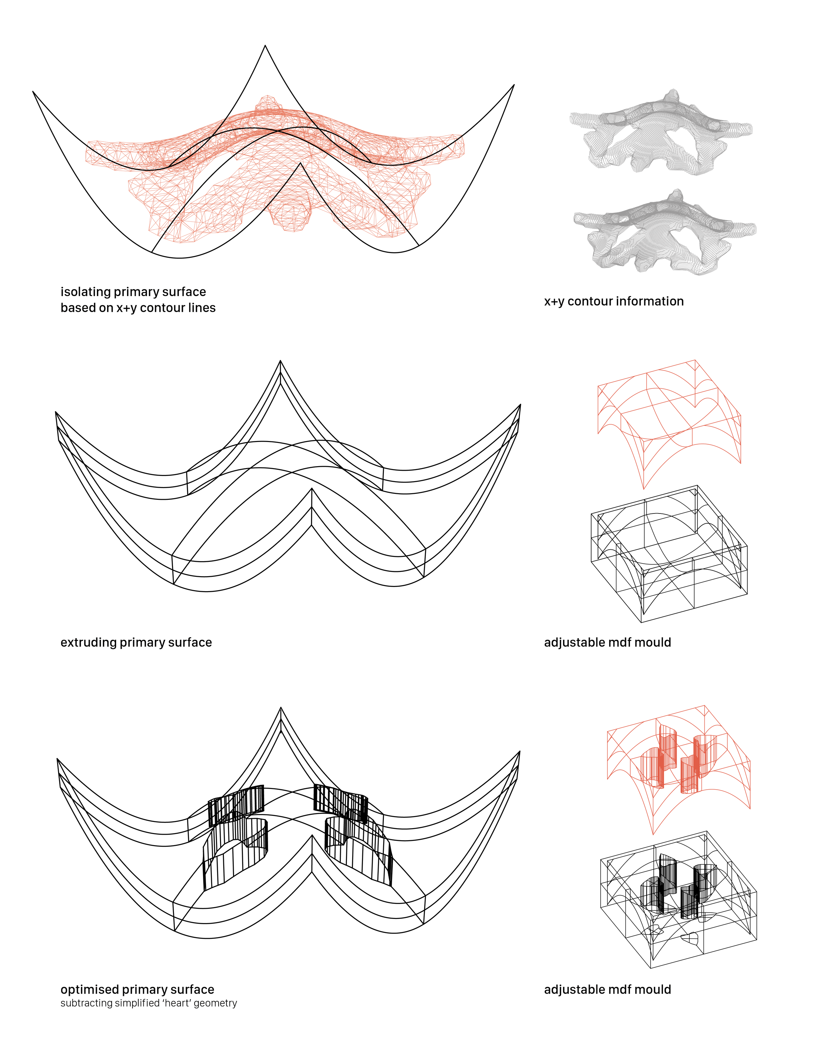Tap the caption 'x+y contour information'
click(x=613, y=301)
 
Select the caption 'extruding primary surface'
click(x=136, y=643)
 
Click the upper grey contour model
click(x=660, y=133)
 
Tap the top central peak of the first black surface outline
click(x=265, y=46)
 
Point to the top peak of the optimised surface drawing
click(x=280, y=708)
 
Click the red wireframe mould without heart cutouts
click(x=669, y=421)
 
